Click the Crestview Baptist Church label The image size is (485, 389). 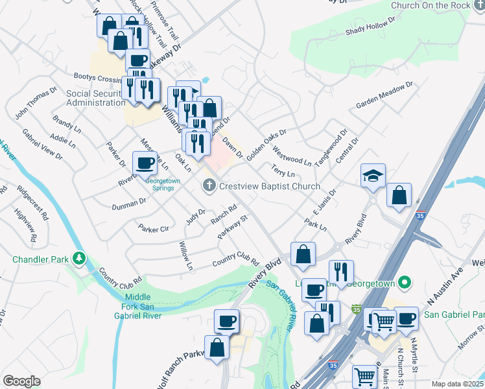270,187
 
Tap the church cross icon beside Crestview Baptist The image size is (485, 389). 209,187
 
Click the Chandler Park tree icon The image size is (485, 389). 79,259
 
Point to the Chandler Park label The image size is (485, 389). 40,259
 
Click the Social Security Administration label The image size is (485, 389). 95,98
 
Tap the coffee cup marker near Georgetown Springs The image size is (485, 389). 145,163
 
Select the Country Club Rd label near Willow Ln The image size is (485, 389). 236,259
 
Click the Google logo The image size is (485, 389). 21,381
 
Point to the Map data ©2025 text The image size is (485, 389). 457,384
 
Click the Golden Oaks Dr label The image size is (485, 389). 266,140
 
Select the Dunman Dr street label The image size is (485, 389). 129,202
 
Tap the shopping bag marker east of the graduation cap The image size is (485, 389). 399,195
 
